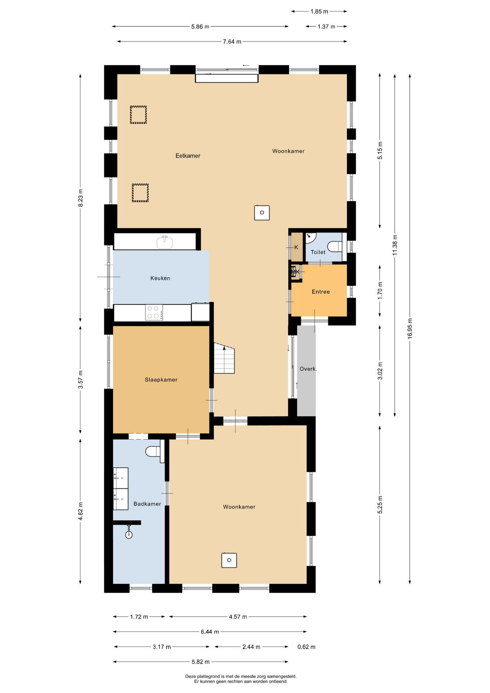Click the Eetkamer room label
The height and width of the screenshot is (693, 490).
click(x=188, y=156)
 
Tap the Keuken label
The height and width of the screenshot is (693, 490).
click(x=160, y=278)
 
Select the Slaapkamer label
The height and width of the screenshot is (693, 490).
click(x=161, y=380)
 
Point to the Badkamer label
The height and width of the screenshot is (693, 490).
click(x=147, y=504)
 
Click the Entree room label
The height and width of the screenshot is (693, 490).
click(x=321, y=292)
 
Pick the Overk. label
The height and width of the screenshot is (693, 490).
click(x=308, y=369)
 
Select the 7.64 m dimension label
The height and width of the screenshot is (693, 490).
click(x=232, y=42)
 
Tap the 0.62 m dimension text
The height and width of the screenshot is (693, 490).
click(x=306, y=647)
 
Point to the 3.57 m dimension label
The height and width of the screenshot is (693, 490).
click(x=80, y=380)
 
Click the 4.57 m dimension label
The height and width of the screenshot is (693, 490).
click(x=238, y=616)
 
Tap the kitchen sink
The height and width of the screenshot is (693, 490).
click(x=165, y=242)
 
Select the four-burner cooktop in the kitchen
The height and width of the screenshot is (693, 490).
click(x=154, y=312)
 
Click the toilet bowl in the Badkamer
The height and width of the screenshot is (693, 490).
click(x=153, y=451)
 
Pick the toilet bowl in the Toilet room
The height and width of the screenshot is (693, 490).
click(x=335, y=247)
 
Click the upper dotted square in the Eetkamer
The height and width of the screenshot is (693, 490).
click(x=138, y=115)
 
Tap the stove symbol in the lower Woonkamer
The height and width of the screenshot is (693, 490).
click(x=229, y=560)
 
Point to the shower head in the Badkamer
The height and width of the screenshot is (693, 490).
click(x=129, y=535)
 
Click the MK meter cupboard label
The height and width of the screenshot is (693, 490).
click(x=296, y=272)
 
